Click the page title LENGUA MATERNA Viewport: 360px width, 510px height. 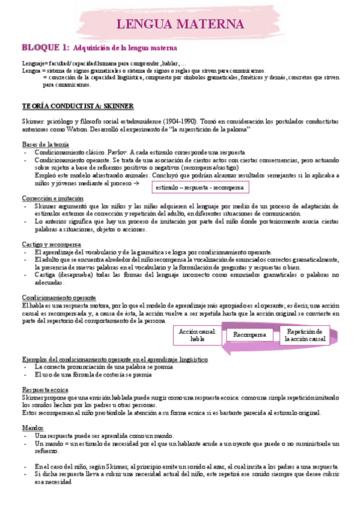[x=180, y=25]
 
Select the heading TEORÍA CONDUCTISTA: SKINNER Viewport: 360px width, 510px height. [x=78, y=106]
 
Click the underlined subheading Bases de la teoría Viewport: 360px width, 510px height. [x=45, y=144]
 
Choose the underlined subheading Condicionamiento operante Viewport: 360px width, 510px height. [x=58, y=297]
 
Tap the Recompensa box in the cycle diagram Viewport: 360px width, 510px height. [x=249, y=334]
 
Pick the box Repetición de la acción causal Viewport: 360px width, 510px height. [x=305, y=335]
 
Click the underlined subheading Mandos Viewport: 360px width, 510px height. [x=31, y=427]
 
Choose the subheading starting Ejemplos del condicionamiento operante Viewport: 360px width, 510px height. [x=115, y=358]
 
